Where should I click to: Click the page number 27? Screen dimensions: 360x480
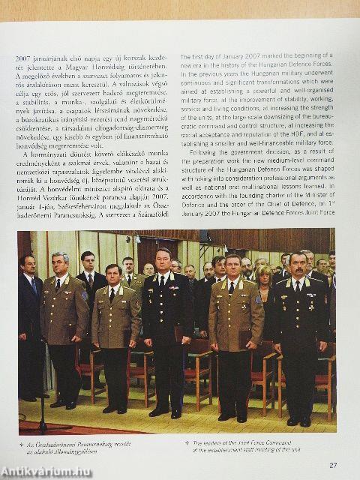click(332, 465)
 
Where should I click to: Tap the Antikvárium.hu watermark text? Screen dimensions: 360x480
click(46, 471)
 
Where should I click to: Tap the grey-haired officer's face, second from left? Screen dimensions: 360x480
click(61, 264)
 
